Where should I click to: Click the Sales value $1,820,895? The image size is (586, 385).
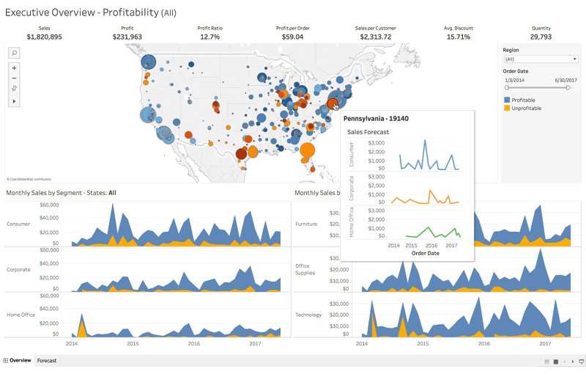tap(44, 37)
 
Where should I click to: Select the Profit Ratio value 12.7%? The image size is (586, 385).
tap(209, 37)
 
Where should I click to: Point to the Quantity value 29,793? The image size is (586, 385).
tap(541, 37)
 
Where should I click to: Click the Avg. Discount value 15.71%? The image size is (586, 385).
tap(458, 37)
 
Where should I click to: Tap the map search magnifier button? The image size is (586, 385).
tap(14, 53)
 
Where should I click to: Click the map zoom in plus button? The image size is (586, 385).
tap(14, 67)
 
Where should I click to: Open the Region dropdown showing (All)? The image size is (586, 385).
tap(541, 59)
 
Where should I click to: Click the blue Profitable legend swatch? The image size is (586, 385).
tap(507, 100)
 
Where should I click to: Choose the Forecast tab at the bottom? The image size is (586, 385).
tap(47, 361)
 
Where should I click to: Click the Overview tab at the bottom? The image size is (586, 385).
tap(20, 361)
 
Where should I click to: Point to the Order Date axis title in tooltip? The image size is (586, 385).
tap(426, 253)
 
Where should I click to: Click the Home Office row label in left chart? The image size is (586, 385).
tap(21, 315)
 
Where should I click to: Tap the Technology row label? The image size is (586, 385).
tap(308, 315)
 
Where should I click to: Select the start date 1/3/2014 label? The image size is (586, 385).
tap(514, 79)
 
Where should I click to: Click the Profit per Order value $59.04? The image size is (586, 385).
tap(292, 37)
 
